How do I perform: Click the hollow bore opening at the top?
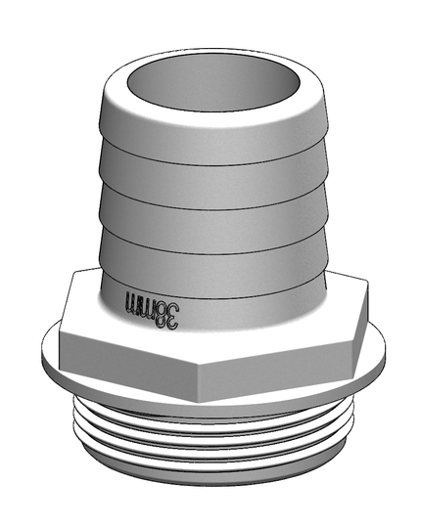click(x=213, y=85)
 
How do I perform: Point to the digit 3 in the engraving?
click(x=171, y=317)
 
